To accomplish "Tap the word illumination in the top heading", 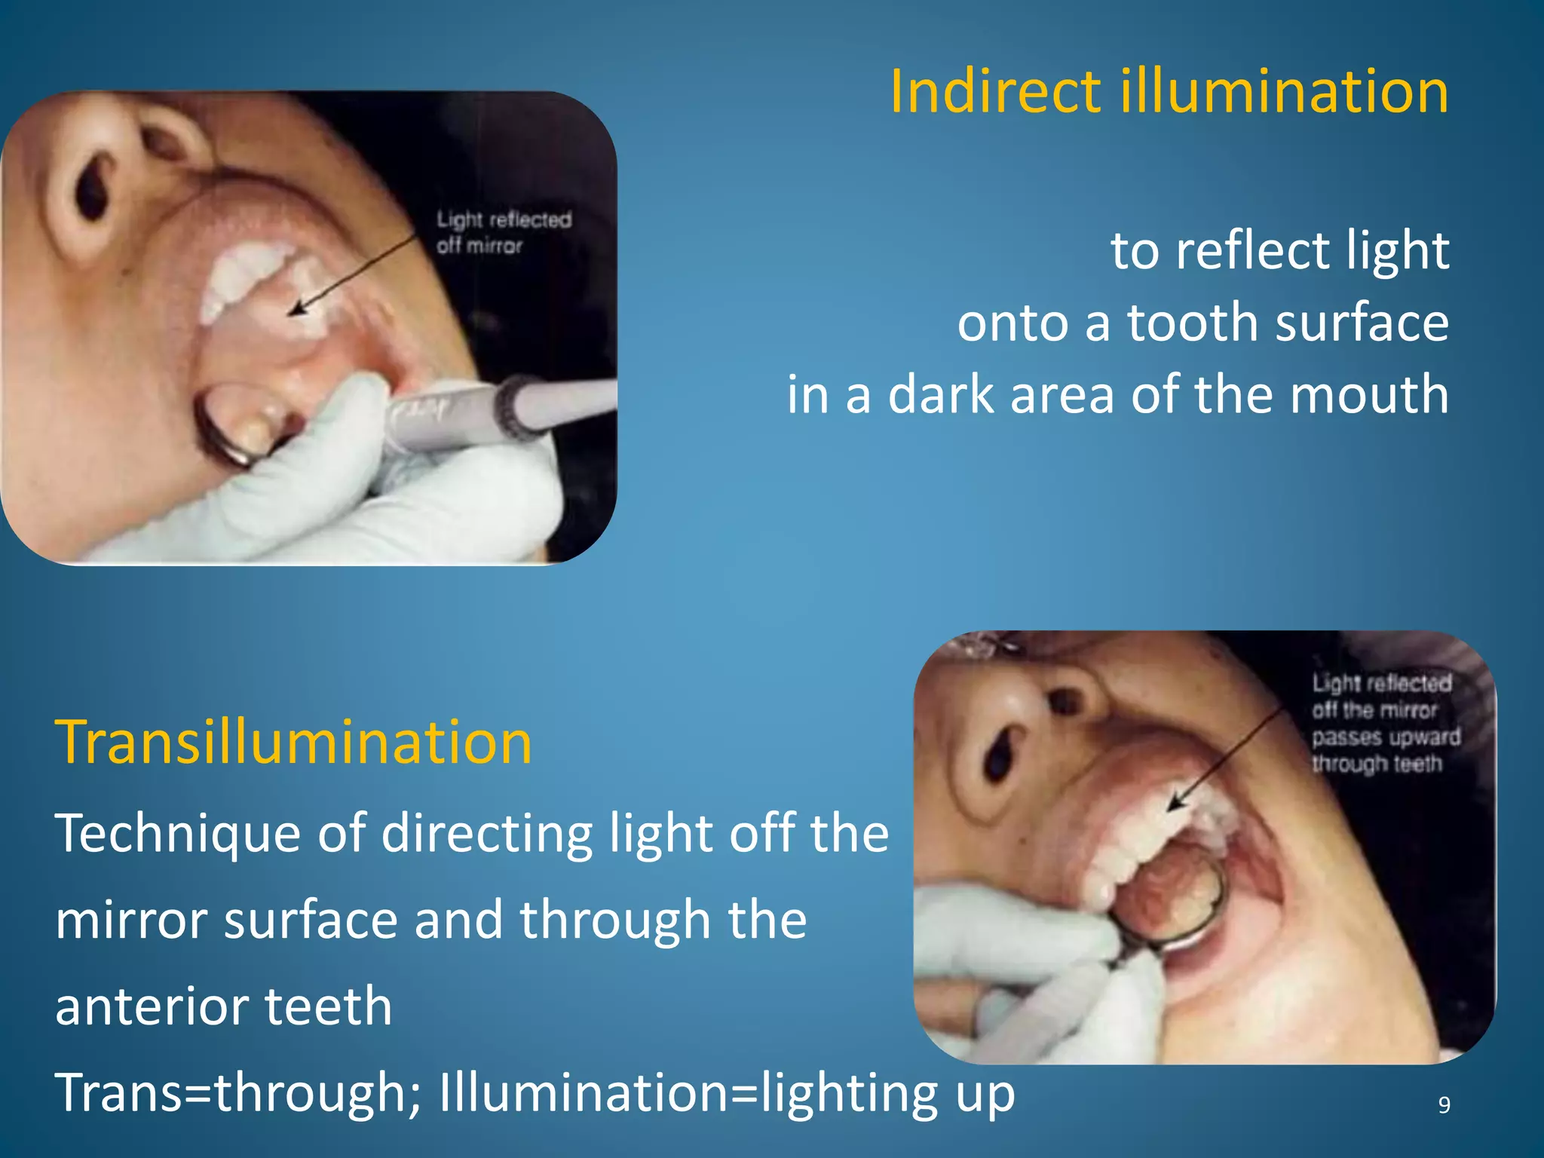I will point(1283,92).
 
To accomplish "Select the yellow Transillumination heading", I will point(293,743).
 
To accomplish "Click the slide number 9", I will point(1444,1105).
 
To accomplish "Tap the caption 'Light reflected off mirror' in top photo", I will point(504,232).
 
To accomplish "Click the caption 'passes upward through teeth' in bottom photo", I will point(1385,750).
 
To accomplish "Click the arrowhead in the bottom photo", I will point(1174,804).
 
